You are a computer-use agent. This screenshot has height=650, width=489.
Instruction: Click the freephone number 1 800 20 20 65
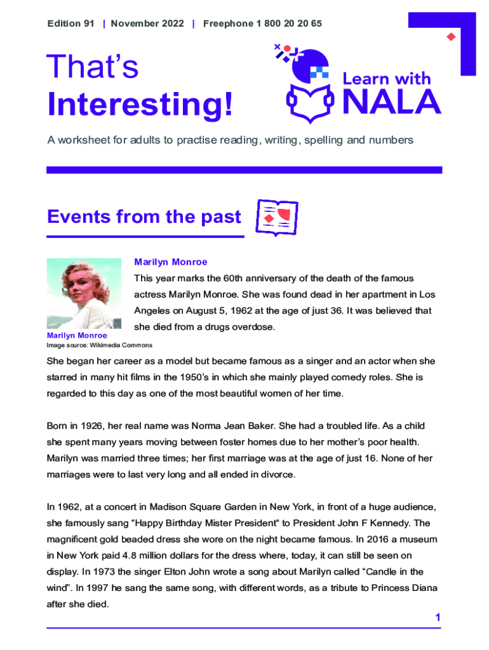click(289, 23)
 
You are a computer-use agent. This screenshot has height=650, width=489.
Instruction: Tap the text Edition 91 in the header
click(70, 23)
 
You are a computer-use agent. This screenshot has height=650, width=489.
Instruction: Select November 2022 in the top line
click(147, 23)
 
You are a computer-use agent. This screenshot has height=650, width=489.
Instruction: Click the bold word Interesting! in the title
click(140, 105)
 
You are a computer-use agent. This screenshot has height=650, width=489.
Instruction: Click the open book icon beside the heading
click(276, 216)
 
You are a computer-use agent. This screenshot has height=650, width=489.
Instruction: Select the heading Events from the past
click(144, 217)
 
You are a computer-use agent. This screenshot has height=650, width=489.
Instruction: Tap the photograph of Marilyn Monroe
click(84, 293)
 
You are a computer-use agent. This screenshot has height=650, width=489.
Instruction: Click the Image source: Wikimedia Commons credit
click(99, 345)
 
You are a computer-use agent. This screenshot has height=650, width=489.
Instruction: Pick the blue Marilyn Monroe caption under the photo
click(77, 335)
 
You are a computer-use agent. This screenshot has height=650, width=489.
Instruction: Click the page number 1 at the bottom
click(438, 618)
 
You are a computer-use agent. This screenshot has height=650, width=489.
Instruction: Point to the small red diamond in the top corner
click(452, 36)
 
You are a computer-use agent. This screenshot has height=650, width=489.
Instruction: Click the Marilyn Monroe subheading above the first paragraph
click(170, 262)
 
